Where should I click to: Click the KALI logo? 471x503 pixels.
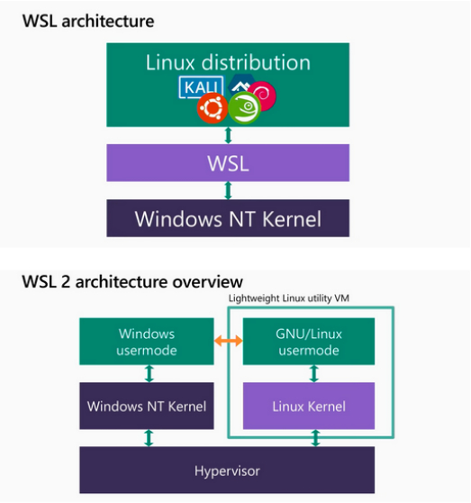pos(201,87)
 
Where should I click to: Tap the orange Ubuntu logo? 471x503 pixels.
pos(213,108)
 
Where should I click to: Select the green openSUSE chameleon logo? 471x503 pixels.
pos(244,107)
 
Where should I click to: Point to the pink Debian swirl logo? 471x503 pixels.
pos(263,96)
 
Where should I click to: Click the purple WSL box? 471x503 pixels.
pos(228,162)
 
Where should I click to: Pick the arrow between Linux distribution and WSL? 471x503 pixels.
pos(228,135)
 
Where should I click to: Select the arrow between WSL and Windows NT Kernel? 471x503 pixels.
pos(228,190)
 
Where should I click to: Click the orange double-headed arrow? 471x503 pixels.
pos(228,341)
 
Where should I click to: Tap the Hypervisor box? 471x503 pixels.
pos(227,470)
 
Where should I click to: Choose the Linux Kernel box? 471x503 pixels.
pos(309,406)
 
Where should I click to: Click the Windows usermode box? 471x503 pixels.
pos(147,342)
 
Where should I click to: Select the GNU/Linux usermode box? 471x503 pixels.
pos(309,342)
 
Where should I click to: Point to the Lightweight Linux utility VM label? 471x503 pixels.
pos(289,298)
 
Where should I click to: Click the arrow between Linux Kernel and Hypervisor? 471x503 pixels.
pos(315,438)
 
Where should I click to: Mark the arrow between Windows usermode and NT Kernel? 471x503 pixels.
pos(149,374)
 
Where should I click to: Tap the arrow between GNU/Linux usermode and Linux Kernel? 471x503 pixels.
pos(314,374)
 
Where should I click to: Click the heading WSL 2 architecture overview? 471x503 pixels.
pos(132,282)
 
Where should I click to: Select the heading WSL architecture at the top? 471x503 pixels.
pos(88,21)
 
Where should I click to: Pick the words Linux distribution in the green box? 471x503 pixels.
pos(228,62)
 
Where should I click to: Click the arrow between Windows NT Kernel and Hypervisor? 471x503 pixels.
pos(149,438)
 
